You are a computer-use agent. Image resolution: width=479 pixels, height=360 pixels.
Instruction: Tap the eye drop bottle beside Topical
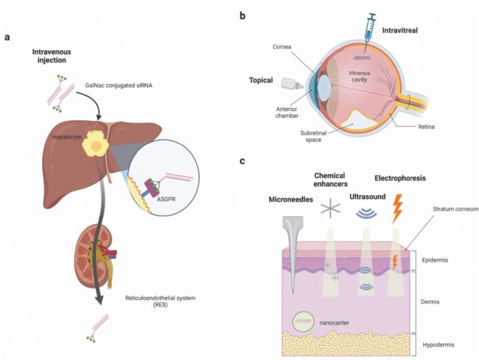tap(292, 84)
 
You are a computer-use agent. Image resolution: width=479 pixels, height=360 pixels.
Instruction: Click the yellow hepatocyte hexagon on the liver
tap(95, 144)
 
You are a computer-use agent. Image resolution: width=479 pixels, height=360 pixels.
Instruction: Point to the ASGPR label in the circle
tap(167, 200)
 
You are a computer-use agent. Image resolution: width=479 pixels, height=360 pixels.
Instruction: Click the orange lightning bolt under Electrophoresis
tap(397, 208)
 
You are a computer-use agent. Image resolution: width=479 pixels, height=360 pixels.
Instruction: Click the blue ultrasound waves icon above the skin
tap(366, 213)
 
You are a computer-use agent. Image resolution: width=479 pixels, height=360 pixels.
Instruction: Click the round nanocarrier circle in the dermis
tap(302, 322)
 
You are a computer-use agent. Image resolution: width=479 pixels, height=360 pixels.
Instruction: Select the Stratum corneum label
tap(455, 209)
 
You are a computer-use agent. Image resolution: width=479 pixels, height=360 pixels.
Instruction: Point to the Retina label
tap(426, 127)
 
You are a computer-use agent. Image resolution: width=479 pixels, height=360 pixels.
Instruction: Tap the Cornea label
tap(282, 46)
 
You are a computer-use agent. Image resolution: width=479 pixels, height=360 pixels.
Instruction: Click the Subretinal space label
tap(313, 136)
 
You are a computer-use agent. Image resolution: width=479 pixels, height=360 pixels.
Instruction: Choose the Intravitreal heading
tap(400, 30)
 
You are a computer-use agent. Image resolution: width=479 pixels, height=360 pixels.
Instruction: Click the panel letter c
tap(242, 160)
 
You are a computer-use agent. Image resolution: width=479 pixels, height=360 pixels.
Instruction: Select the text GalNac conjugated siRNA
tap(119, 85)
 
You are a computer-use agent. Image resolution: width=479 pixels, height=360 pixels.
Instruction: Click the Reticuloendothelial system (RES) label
tap(161, 301)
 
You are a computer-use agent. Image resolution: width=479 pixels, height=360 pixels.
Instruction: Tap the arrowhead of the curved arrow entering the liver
tap(99, 118)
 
